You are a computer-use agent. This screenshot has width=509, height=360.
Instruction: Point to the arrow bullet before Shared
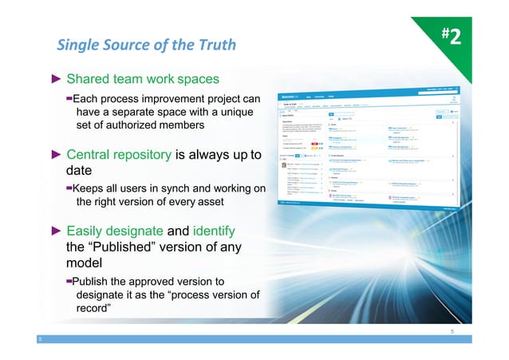56,80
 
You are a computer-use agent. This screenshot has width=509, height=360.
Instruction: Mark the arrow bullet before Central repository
56,155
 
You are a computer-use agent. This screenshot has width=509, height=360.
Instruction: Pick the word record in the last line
94,309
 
